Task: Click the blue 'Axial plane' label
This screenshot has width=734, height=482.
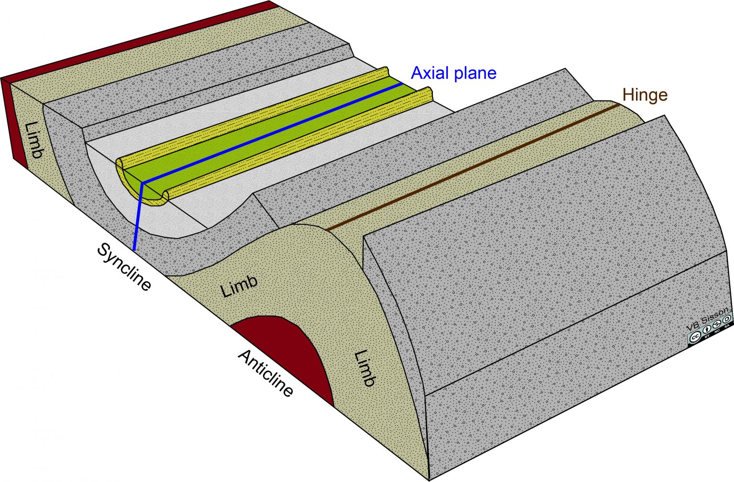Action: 453,73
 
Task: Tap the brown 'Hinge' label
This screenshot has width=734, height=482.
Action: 645,95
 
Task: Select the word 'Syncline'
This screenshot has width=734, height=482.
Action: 124,267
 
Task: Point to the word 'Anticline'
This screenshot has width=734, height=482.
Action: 266,373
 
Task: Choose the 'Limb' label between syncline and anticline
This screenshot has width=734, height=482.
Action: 239,286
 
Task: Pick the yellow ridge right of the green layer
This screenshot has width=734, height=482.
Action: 296,143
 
